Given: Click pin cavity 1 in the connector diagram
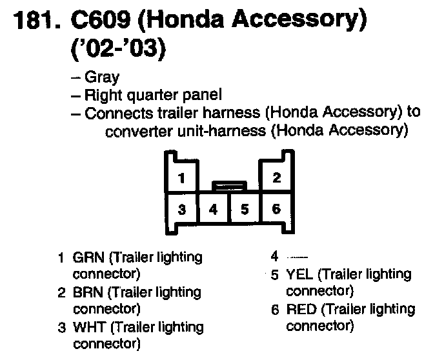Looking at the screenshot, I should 183,177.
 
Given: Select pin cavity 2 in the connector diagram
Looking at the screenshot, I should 276,177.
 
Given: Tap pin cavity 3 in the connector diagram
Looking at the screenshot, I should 183,209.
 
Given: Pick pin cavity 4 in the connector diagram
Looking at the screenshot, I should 214,209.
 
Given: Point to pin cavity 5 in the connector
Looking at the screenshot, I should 245,209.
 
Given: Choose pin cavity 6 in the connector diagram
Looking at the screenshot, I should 276,209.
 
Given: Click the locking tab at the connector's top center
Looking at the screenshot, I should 229,186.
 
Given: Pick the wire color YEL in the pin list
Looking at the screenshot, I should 299,275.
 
